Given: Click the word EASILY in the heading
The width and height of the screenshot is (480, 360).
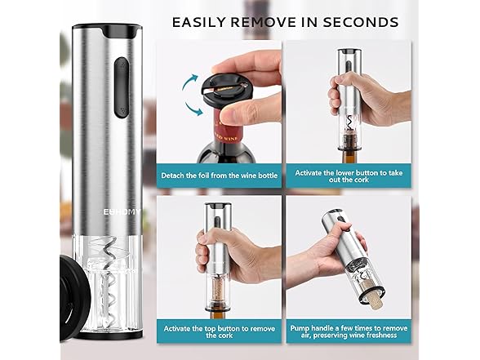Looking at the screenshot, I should tap(198, 21).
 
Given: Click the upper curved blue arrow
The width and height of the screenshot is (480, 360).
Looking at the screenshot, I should tap(191, 82).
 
